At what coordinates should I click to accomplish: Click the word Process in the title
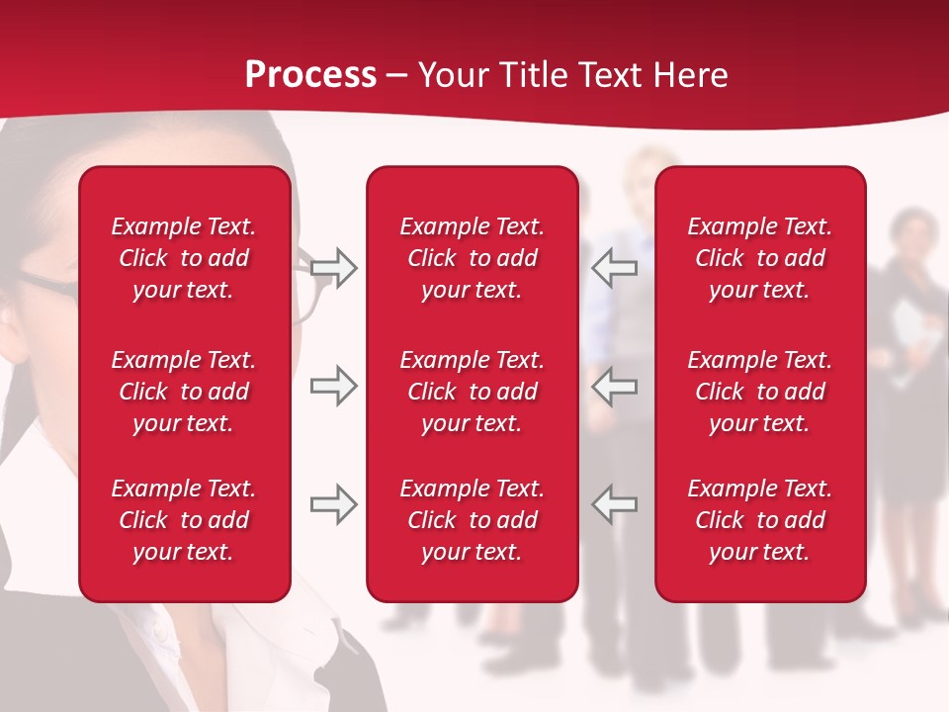310,75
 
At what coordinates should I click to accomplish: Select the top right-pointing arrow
334,267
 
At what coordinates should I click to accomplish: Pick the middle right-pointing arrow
334,386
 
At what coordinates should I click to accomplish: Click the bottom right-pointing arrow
334,503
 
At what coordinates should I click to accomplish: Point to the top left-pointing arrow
615,267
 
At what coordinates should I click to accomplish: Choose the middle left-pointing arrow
615,386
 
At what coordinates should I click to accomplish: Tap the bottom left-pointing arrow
615,503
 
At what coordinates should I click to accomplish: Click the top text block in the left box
184,258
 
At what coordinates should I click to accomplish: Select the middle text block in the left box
184,392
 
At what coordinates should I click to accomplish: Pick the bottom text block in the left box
184,520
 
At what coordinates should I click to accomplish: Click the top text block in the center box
473,258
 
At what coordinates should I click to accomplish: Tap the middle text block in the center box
473,392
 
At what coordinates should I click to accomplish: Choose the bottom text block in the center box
473,520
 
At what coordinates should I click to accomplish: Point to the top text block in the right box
760,258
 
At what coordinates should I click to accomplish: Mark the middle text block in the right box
760,392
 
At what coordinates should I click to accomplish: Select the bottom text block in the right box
760,520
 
